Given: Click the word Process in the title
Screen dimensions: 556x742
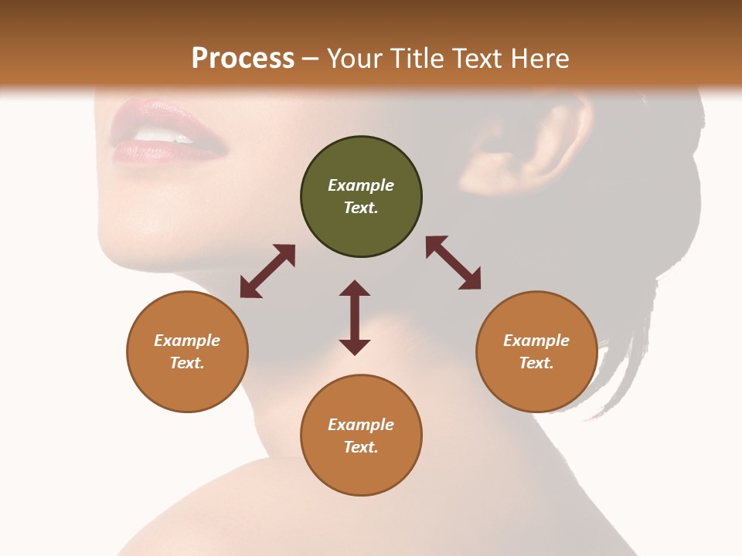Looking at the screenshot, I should tap(243, 59).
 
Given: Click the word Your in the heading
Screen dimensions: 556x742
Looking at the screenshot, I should tap(352, 59).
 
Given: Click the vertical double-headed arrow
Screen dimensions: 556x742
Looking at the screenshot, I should tap(355, 317).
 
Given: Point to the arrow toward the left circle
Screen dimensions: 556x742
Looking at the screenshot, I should tap(267, 271).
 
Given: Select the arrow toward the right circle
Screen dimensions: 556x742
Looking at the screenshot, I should tap(454, 263).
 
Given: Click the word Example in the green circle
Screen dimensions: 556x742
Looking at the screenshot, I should tap(361, 185).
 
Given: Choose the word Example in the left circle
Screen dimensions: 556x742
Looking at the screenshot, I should tap(187, 341).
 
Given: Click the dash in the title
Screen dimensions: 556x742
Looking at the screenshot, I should tap(311, 59).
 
